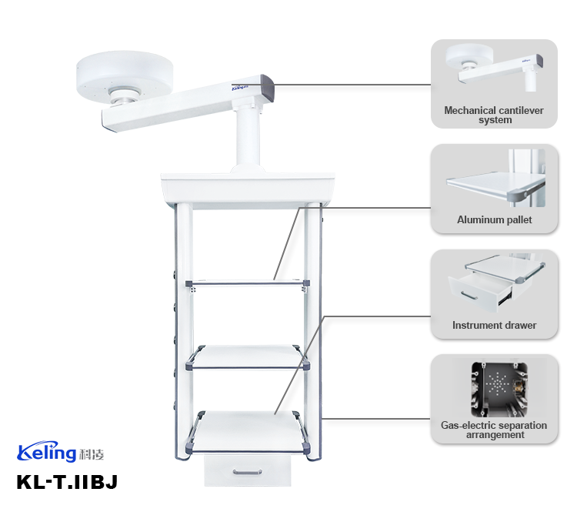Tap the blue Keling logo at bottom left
point(47,452)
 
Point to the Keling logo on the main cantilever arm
point(244,88)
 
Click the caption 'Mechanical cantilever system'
point(494,115)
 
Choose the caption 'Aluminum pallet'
point(494,220)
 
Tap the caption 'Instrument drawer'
point(494,326)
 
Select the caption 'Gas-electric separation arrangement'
point(494,430)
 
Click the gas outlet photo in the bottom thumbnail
point(494,387)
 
